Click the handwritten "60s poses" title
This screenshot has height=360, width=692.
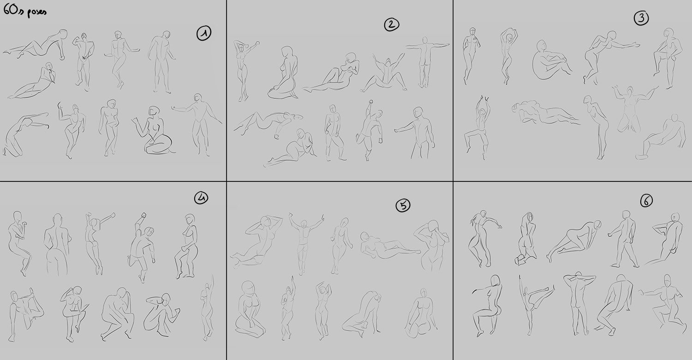(25, 12)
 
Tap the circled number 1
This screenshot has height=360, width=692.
(204, 33)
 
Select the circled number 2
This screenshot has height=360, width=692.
(392, 24)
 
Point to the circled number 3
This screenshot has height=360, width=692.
(641, 18)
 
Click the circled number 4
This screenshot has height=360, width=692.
(201, 198)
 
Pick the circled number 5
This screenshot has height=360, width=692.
(403, 205)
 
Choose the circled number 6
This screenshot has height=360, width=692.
(646, 201)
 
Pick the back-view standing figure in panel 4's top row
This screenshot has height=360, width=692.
(58, 244)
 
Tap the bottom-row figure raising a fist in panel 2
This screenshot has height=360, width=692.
(369, 130)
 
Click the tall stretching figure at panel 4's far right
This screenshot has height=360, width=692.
(208, 307)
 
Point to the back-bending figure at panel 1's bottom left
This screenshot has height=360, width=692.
(25, 134)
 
